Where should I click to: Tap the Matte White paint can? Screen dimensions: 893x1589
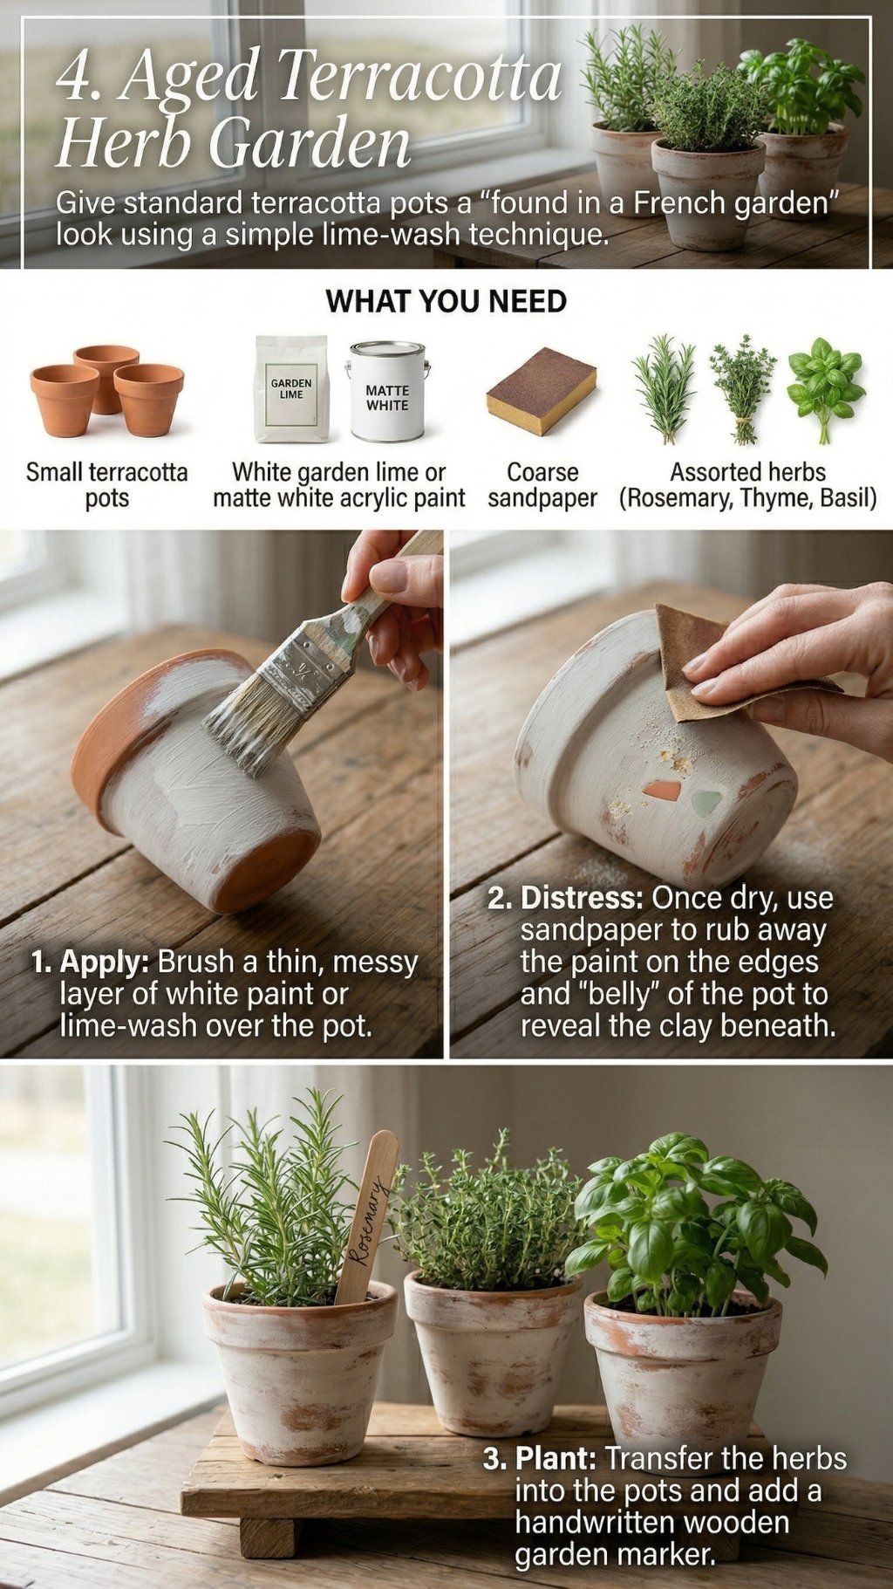point(387,392)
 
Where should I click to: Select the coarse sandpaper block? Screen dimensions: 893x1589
point(542,390)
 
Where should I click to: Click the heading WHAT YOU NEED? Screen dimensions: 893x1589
point(446,302)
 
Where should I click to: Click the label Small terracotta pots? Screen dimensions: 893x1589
point(106,485)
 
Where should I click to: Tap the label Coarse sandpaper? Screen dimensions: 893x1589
point(542,485)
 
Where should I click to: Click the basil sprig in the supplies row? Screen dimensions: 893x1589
point(824,389)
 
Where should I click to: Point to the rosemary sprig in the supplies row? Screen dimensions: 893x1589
point(665,389)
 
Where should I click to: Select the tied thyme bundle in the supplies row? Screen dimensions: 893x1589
point(742,389)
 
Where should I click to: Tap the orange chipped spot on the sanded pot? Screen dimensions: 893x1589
point(661,791)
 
